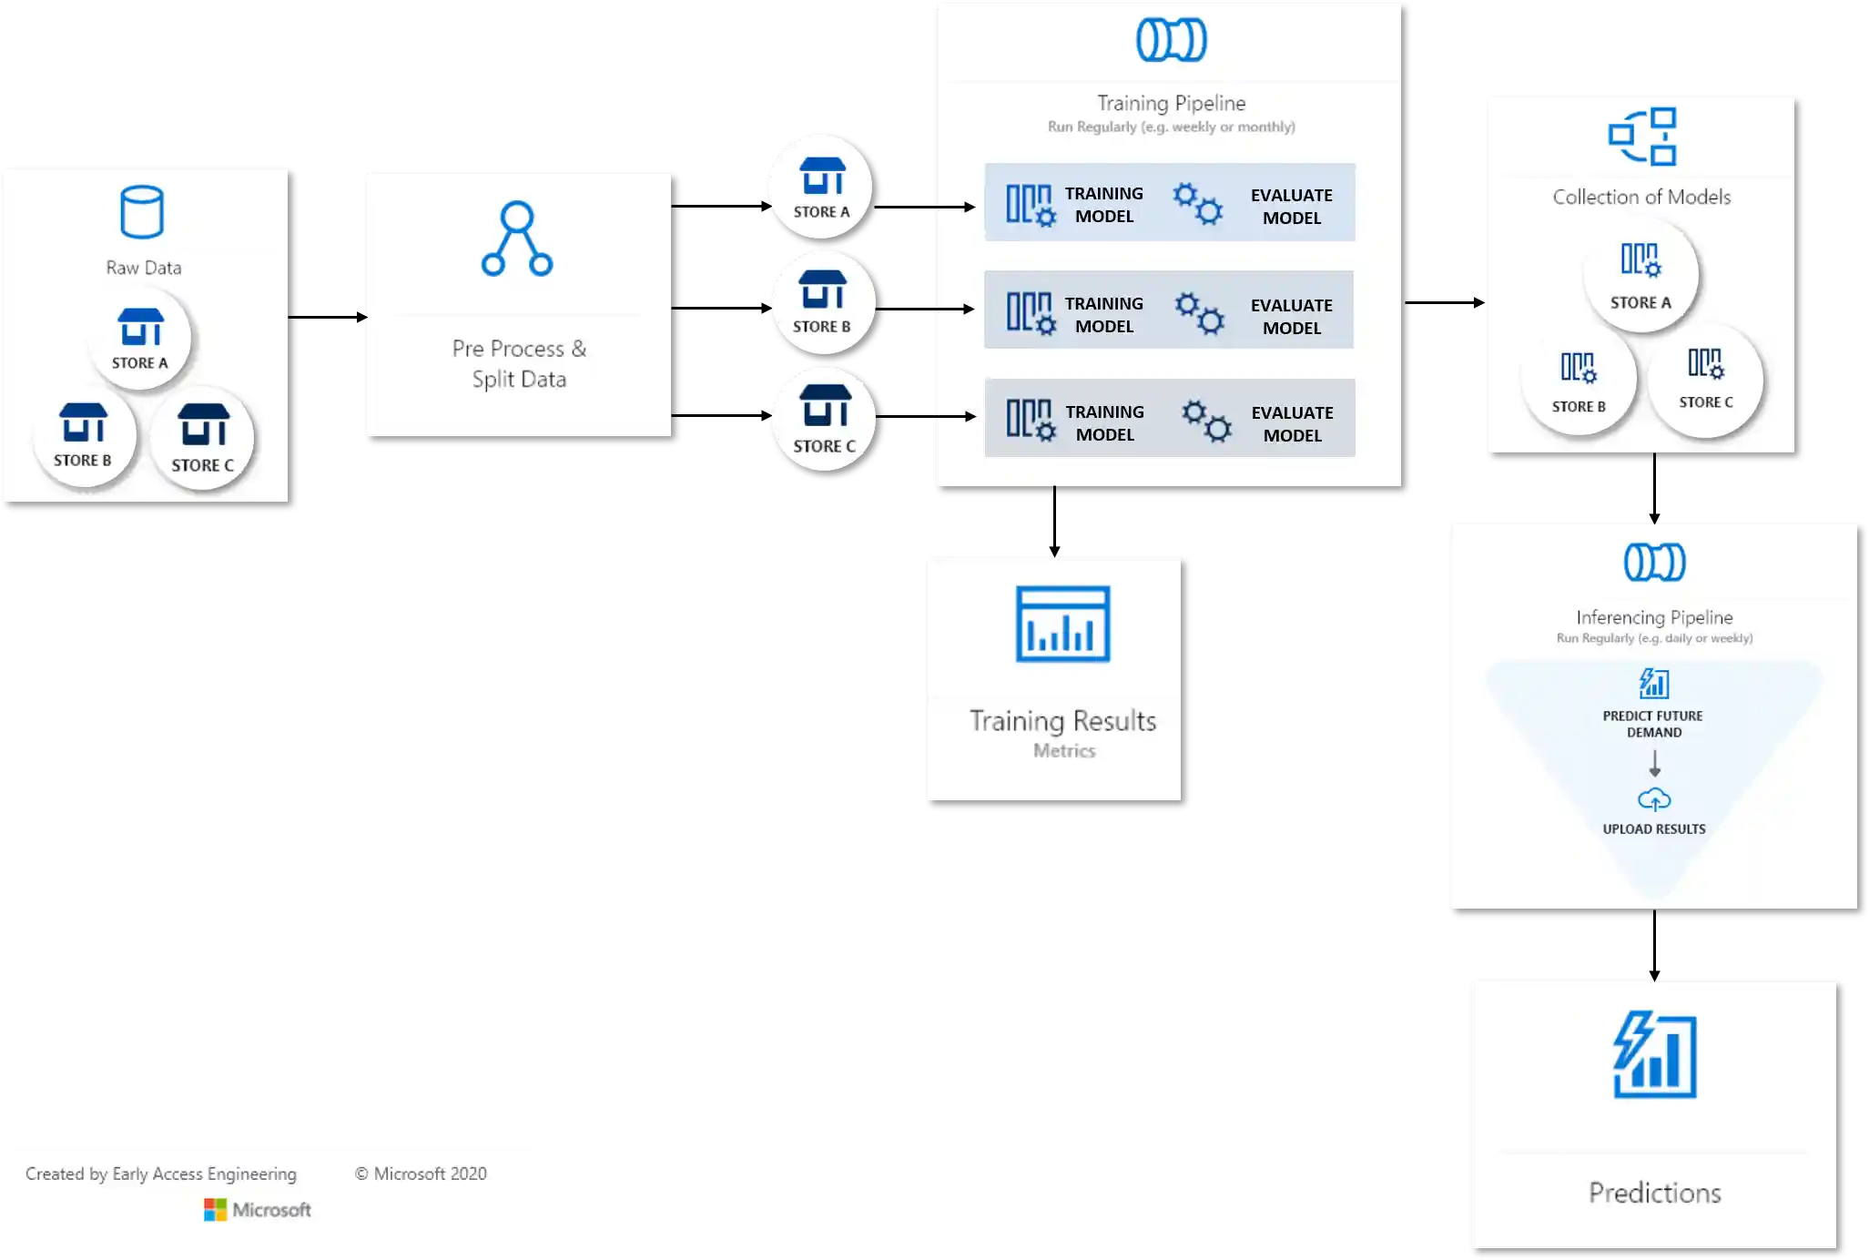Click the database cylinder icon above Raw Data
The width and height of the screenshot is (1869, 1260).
coord(142,212)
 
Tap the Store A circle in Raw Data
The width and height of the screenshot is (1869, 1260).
coord(140,339)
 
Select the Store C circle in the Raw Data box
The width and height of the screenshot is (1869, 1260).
coord(203,439)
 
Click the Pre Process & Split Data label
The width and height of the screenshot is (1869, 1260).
coord(519,363)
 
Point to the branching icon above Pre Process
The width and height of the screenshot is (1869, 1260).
coord(517,239)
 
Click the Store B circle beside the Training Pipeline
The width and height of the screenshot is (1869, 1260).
coord(823,302)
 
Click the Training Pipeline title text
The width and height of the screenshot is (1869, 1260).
coord(1171,103)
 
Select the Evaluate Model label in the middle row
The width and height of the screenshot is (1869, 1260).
coord(1291,316)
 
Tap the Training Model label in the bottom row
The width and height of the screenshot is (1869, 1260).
coord(1104,423)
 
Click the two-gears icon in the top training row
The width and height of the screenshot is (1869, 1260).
coord(1197,204)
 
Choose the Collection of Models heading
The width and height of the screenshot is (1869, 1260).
coord(1641,197)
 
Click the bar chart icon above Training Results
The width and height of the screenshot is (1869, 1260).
coord(1062,625)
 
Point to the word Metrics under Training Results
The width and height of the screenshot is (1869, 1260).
coord(1064,751)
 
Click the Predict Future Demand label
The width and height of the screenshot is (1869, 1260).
coord(1653,724)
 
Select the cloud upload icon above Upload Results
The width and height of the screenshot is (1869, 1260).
coord(1654,799)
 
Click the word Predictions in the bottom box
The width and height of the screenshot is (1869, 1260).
coord(1654,1193)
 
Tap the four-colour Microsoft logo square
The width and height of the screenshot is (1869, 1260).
coord(215,1210)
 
